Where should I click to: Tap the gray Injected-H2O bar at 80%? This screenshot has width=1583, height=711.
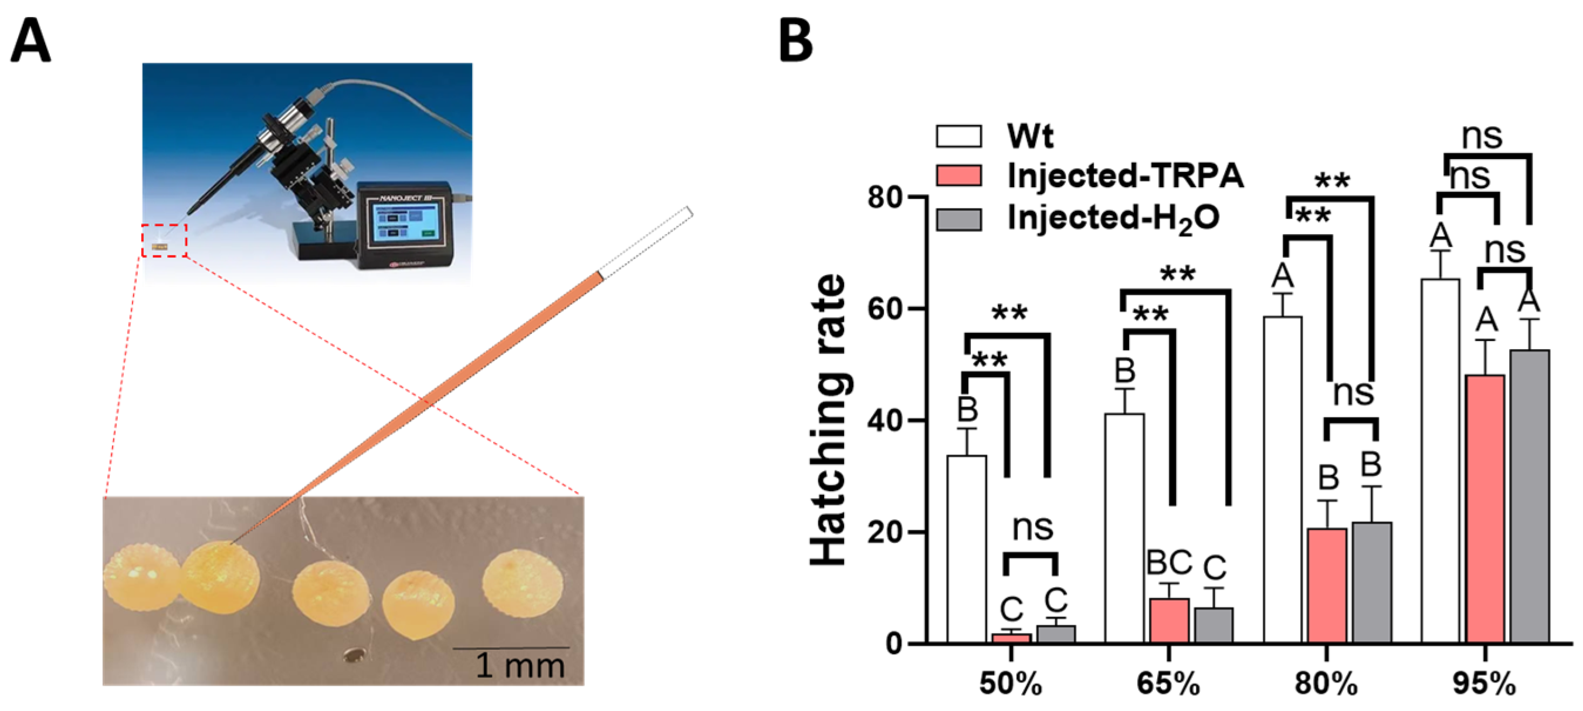(1372, 582)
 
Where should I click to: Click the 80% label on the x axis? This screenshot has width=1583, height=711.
(1326, 683)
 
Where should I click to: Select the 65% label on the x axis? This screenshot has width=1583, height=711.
(1168, 683)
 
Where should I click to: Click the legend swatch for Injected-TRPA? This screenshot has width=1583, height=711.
(958, 176)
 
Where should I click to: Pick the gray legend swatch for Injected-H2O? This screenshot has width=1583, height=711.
(958, 219)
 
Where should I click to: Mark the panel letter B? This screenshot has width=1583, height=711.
(796, 40)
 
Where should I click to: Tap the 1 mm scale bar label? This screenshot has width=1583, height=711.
(520, 665)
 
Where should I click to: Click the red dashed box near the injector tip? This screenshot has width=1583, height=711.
(164, 241)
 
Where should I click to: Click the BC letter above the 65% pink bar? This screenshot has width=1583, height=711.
(1170, 562)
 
